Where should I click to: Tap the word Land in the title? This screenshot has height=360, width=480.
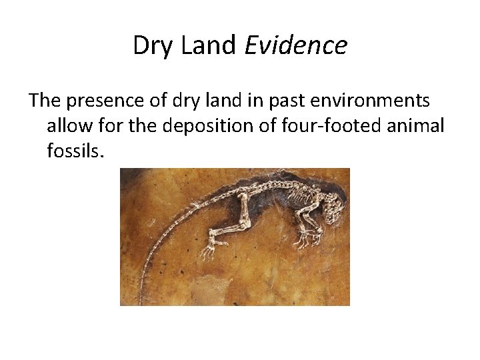click(x=209, y=45)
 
